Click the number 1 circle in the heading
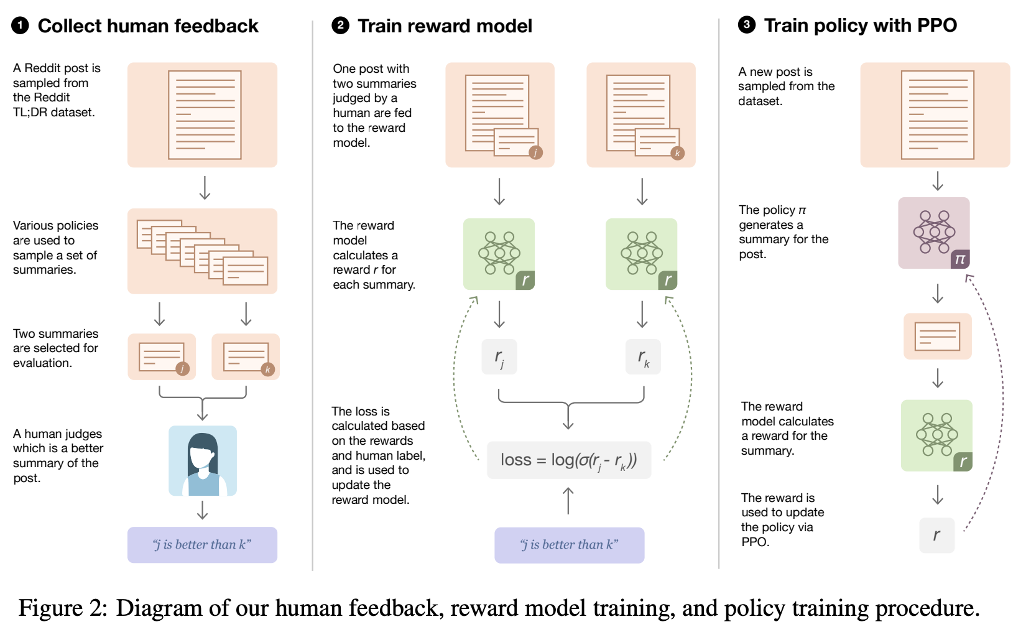click(x=20, y=26)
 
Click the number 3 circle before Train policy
click(x=746, y=25)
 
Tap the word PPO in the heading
click(x=936, y=26)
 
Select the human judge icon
click(x=203, y=461)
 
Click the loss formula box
click(x=568, y=460)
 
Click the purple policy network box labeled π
click(x=934, y=233)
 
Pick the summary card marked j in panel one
click(x=162, y=357)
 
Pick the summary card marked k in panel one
click(x=246, y=357)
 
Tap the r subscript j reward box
click(x=499, y=357)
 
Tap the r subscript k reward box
click(x=643, y=357)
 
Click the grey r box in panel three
click(x=936, y=535)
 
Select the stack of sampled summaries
click(x=202, y=251)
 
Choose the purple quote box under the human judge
click(x=202, y=545)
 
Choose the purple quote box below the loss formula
click(x=569, y=546)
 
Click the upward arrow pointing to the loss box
click(x=568, y=501)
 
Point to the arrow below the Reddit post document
click(x=205, y=188)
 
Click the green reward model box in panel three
click(x=936, y=435)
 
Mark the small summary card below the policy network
click(x=937, y=337)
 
